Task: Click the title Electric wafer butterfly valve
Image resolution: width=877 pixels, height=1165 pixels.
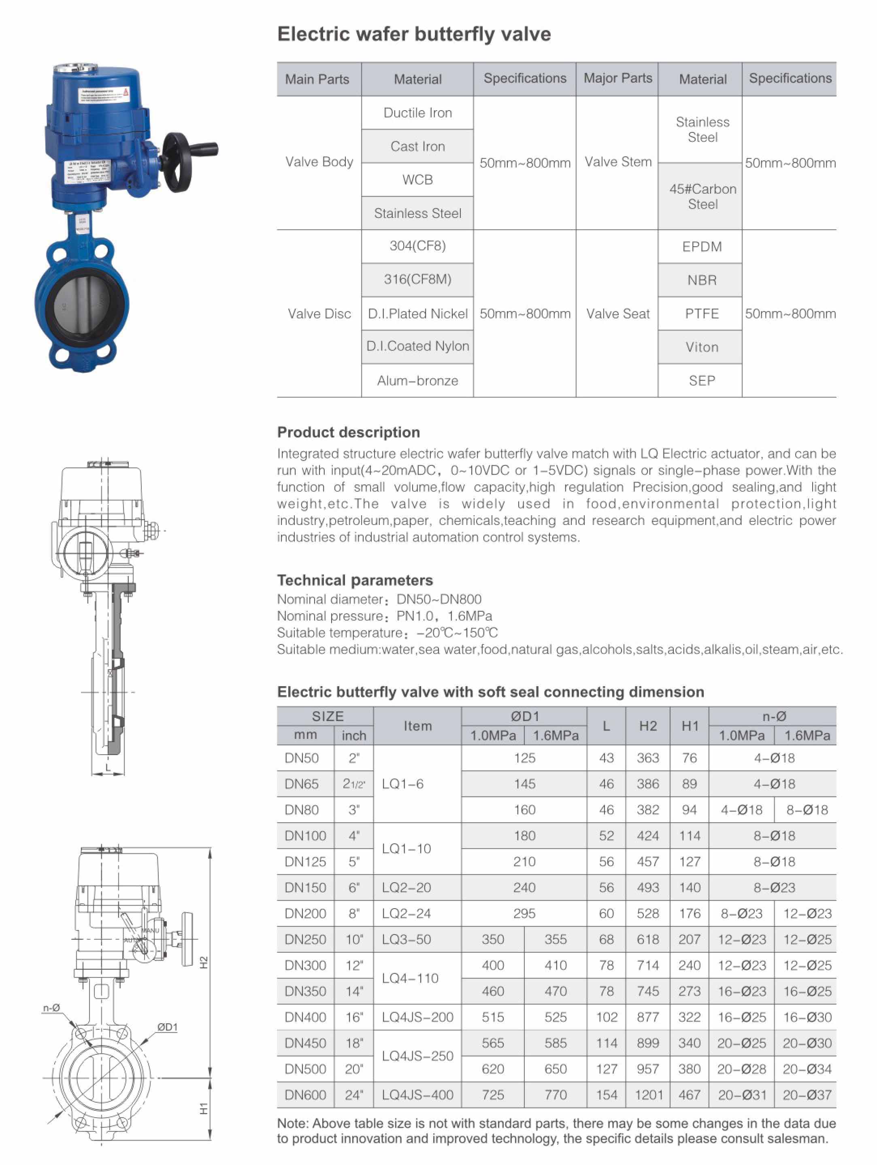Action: tap(414, 34)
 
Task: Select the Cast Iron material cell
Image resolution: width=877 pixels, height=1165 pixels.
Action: tap(417, 146)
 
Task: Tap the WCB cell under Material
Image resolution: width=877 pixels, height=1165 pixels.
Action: tap(417, 179)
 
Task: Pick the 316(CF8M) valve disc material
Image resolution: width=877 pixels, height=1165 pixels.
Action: tap(417, 279)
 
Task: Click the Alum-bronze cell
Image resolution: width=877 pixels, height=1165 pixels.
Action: tap(417, 380)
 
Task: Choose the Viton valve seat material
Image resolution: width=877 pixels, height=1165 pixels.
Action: tap(702, 347)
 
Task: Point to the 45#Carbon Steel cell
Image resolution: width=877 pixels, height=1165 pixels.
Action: tap(702, 196)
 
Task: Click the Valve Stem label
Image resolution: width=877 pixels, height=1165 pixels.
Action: tap(617, 162)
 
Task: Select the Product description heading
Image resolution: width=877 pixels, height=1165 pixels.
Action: tap(349, 432)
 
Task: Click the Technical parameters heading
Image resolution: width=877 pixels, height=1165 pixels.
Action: tap(355, 580)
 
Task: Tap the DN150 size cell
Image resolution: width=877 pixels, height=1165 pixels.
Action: tap(305, 888)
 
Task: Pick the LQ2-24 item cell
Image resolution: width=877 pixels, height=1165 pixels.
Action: tap(407, 913)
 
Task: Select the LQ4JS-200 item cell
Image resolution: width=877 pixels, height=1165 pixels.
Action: tap(417, 1017)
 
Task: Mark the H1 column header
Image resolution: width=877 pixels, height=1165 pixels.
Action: tap(690, 726)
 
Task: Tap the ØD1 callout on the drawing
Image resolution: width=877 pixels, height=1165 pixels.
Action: tap(167, 1026)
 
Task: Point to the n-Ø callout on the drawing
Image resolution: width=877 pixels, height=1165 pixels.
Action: tap(51, 1007)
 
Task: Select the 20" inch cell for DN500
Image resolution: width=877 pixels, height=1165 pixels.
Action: tap(354, 1069)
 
